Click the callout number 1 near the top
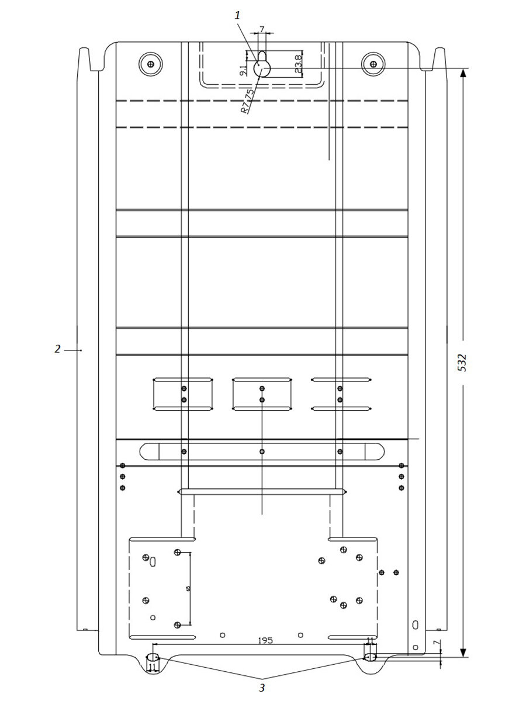coord(238,16)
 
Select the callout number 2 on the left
coord(57,349)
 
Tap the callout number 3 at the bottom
coord(262,688)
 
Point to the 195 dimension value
coord(265,641)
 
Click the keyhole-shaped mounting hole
coord(262,65)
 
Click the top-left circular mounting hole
coord(151,63)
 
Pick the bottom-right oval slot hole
coord(371,658)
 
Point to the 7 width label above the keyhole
coord(261,29)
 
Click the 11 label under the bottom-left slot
coord(152,667)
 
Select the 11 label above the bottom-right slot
coord(369,641)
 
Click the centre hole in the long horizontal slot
coord(262,451)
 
